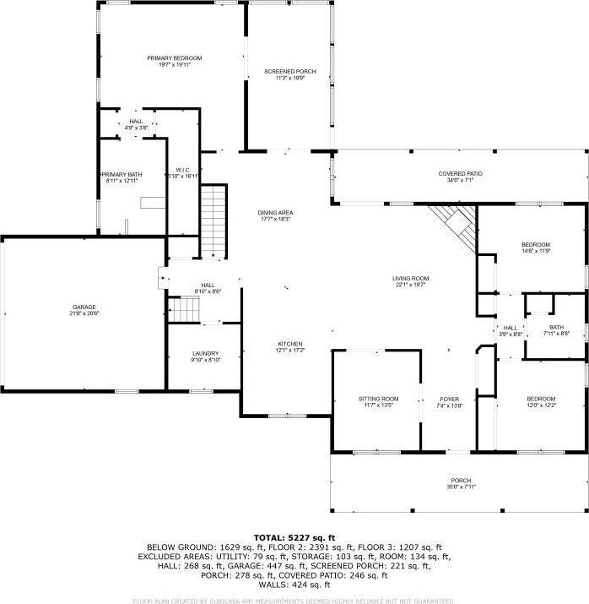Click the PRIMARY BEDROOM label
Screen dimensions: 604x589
(x=175, y=58)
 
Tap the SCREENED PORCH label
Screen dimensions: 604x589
(x=289, y=72)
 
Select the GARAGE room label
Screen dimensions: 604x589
(x=84, y=307)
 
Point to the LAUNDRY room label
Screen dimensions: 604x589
(x=205, y=353)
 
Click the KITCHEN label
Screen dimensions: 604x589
(x=290, y=344)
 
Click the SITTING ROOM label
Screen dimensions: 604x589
(x=378, y=399)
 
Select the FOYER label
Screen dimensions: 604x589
(x=449, y=399)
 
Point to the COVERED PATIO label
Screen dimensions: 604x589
(x=461, y=174)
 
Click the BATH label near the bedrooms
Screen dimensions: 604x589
(x=556, y=327)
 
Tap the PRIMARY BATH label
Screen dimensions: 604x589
(x=123, y=175)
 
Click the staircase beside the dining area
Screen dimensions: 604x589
(x=213, y=221)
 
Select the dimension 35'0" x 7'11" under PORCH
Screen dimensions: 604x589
(x=461, y=487)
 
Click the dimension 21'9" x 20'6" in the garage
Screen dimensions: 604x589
(x=84, y=313)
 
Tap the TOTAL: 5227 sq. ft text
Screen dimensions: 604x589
(x=294, y=537)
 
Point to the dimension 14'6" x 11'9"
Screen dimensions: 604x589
(x=535, y=251)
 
